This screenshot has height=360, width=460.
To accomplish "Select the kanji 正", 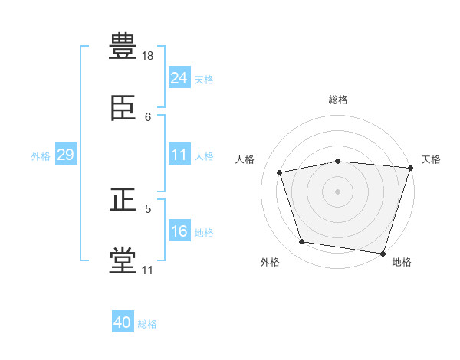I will point(123,201).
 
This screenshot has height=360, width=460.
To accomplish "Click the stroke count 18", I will point(149,56).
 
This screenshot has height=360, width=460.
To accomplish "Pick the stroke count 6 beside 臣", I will point(148,117).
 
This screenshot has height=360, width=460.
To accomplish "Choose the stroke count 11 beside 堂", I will point(148,270).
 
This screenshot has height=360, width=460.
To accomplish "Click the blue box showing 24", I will point(179,78).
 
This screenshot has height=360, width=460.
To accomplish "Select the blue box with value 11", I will point(179,155).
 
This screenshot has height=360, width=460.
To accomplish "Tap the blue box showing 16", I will point(179,231).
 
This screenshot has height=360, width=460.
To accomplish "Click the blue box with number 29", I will point(65,155).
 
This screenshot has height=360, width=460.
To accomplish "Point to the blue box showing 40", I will point(123,322).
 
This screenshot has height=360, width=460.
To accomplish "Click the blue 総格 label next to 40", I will point(147,324).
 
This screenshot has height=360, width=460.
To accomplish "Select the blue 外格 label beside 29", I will point(41,156).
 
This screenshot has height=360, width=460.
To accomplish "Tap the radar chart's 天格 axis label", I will point(431,159).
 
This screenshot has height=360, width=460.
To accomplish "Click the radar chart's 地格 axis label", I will point(402,263).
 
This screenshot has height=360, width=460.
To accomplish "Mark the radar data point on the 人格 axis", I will point(280,172).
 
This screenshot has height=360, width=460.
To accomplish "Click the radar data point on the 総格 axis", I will point(338,161).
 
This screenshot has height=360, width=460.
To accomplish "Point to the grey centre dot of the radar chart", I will point(338,191).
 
